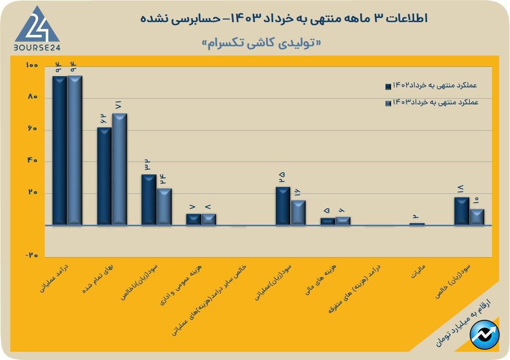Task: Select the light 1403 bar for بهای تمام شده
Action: point(119,169)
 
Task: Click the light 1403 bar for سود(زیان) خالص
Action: point(477,217)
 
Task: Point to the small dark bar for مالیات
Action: point(417,224)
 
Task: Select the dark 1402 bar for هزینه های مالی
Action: point(328,221)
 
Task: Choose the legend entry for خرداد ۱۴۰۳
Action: point(431,102)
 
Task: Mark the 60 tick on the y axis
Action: point(32,129)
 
